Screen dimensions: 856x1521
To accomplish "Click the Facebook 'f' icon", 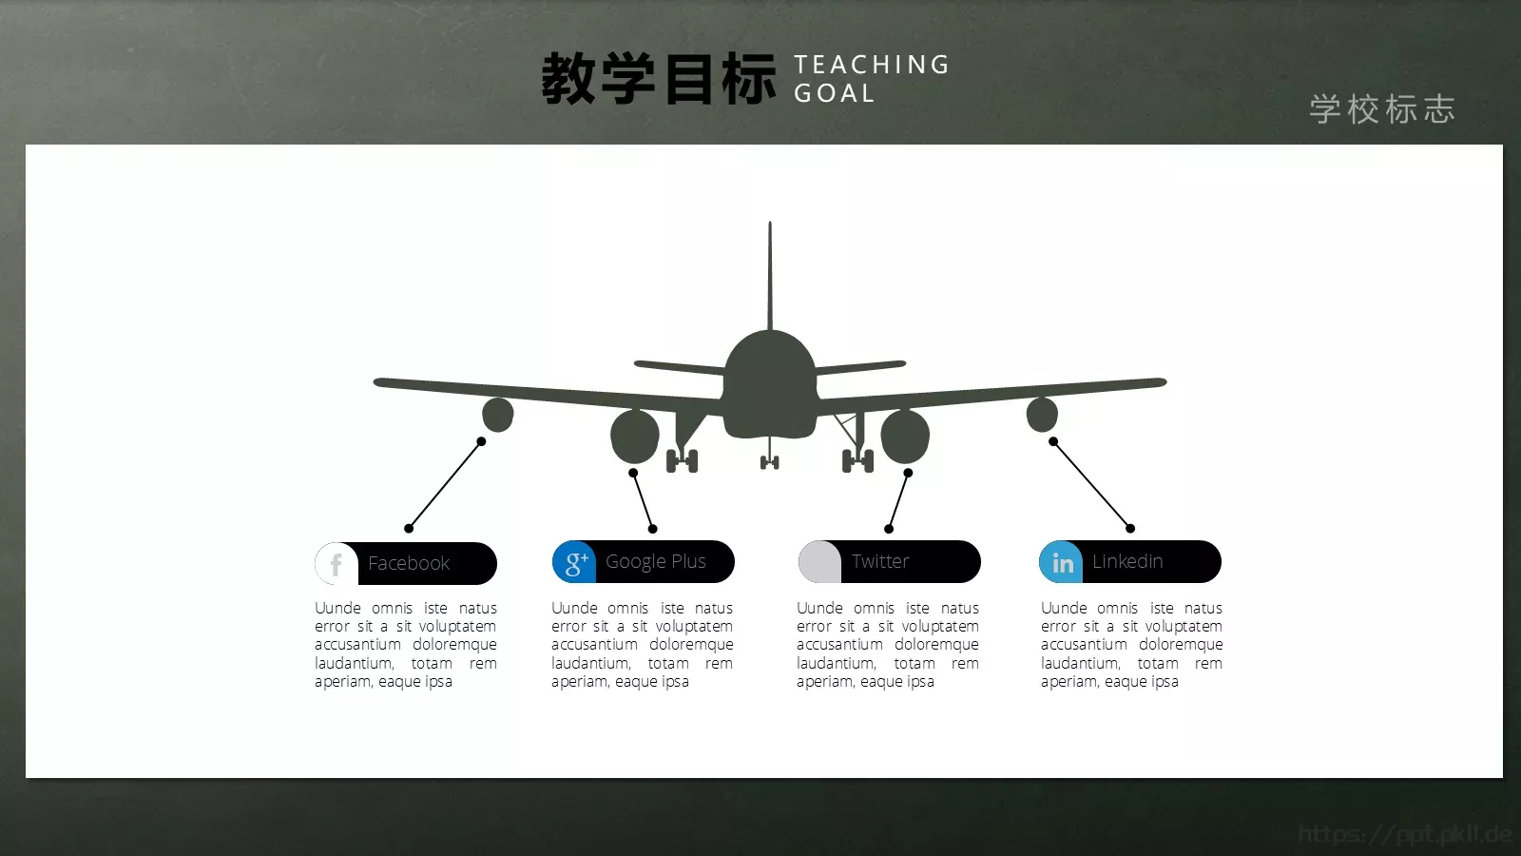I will pyautogui.click(x=336, y=564).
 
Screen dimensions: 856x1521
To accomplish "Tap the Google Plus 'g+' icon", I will pyautogui.click(x=574, y=562).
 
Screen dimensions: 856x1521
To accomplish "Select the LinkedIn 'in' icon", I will pyautogui.click(x=1062, y=562).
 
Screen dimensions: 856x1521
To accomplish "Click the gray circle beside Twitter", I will pyautogui.click(x=819, y=562).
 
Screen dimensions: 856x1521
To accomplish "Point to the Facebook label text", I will pyautogui.click(x=409, y=563).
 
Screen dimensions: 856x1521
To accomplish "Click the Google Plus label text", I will pyautogui.click(x=656, y=561).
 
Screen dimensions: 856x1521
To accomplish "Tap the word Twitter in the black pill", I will pyautogui.click(x=880, y=561).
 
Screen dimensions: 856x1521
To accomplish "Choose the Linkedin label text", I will pyautogui.click(x=1127, y=561).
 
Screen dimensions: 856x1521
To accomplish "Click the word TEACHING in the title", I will pyautogui.click(x=872, y=65).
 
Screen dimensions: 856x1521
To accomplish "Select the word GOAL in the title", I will pyautogui.click(x=834, y=93).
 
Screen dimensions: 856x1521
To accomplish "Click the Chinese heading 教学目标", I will pyautogui.click(x=659, y=79).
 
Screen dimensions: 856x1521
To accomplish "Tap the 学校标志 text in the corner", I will pyautogui.click(x=1382, y=109).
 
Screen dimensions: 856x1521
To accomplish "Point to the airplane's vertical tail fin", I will pyautogui.click(x=770, y=276).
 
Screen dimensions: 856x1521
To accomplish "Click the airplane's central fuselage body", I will pyautogui.click(x=770, y=385).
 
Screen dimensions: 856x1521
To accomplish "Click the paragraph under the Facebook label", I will pyautogui.click(x=406, y=644).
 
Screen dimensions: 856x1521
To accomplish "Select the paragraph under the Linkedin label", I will pyautogui.click(x=1131, y=644).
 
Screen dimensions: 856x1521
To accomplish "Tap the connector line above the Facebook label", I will pyautogui.click(x=445, y=485).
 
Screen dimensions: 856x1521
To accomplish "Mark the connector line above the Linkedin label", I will pyautogui.click(x=1091, y=485).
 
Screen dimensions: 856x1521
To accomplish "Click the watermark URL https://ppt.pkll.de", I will pyautogui.click(x=1404, y=834).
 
